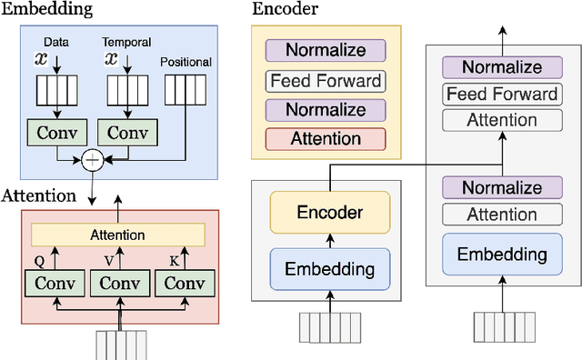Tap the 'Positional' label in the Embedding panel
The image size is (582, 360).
click(x=186, y=62)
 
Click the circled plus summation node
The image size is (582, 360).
click(x=92, y=161)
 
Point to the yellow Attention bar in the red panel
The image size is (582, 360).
click(x=116, y=235)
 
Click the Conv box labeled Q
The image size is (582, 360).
click(x=55, y=283)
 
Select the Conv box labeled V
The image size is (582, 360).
click(x=120, y=283)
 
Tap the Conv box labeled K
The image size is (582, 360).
click(x=186, y=283)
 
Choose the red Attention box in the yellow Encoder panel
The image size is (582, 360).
click(x=325, y=139)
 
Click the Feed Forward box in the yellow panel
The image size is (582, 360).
click(x=325, y=80)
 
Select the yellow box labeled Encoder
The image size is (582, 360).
click(x=329, y=213)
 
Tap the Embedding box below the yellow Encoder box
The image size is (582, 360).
click(x=329, y=269)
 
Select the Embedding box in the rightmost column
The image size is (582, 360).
click(x=502, y=255)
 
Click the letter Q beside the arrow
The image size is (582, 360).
click(x=39, y=260)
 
